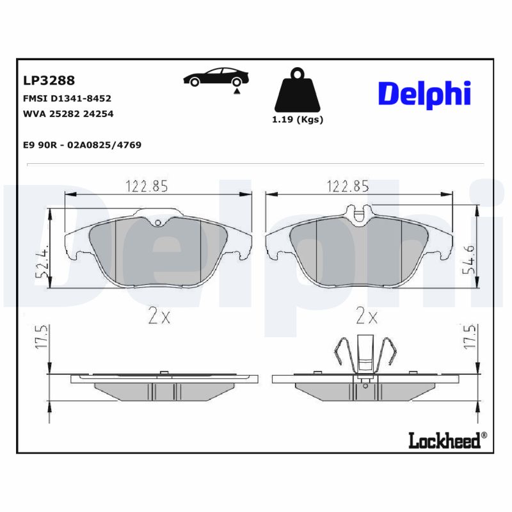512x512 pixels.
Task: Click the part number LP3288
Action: pos(49,81)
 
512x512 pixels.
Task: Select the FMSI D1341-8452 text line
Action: pos(67,99)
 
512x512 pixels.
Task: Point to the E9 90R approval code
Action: pos(82,145)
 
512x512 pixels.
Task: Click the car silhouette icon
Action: pos(214,78)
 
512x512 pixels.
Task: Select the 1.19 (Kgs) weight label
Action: pos(298,120)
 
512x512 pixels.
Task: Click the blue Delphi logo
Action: pos(424,93)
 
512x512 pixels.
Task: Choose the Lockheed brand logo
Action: pos(447,440)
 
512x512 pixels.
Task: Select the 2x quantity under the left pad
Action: pos(159,316)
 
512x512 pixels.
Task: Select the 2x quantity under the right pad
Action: pos(366,316)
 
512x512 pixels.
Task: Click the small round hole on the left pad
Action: pos(158,223)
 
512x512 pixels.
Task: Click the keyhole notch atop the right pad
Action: pos(359,211)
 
